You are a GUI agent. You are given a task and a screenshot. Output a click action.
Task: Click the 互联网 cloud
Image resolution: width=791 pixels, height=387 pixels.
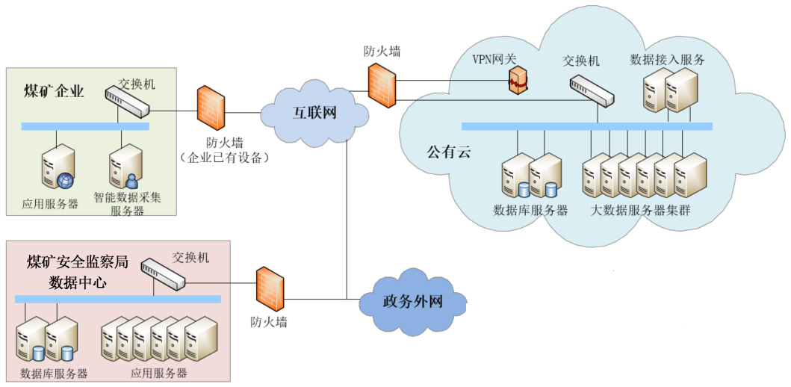point(314,114)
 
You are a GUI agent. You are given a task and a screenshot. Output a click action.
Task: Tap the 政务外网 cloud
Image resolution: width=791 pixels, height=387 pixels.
point(412,302)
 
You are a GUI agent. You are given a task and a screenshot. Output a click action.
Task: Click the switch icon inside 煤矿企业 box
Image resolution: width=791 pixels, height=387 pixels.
point(126,101)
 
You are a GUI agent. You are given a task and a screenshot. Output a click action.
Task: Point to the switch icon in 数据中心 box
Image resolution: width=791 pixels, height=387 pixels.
point(163,274)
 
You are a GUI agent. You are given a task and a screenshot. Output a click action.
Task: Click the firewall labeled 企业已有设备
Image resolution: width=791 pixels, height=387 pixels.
point(211,107)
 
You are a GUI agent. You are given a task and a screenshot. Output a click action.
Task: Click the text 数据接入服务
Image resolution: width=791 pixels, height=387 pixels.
point(667,59)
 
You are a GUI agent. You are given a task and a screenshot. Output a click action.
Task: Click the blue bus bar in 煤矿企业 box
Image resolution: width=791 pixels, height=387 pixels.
point(84,126)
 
